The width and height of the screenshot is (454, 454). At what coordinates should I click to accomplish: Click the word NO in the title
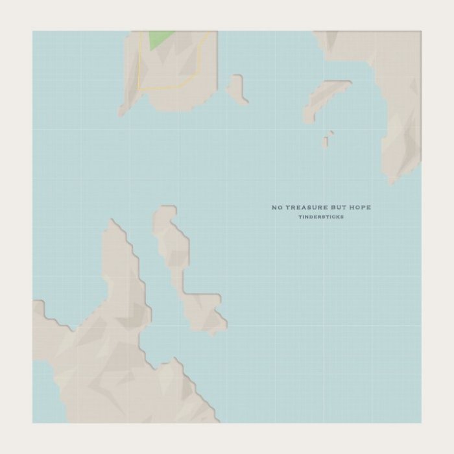(277, 208)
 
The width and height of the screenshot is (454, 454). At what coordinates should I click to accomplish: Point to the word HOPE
(361, 208)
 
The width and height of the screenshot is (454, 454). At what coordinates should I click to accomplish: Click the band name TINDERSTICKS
(321, 217)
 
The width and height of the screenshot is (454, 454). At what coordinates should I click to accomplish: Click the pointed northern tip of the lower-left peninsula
(113, 224)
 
